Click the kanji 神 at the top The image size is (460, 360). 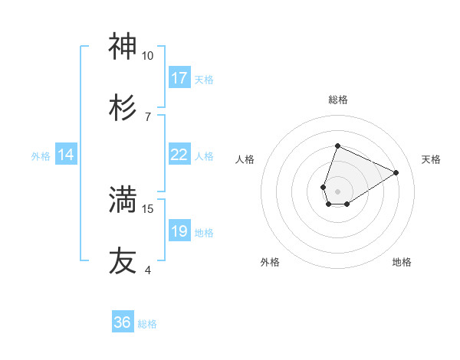click(x=123, y=47)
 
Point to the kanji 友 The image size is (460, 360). click(x=123, y=260)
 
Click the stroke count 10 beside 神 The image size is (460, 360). click(x=147, y=56)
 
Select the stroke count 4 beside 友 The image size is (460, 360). click(x=147, y=270)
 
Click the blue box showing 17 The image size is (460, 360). click(x=179, y=78)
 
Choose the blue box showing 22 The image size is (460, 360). click(x=179, y=155)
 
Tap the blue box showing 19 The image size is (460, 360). click(x=179, y=231)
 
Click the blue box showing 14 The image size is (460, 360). click(x=67, y=155)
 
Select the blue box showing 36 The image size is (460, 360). click(x=123, y=322)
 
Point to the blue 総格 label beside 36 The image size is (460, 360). click(x=147, y=324)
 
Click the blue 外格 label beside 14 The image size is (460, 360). click(x=41, y=155)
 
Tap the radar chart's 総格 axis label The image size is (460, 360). click(x=337, y=100)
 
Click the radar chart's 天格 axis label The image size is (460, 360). click(x=431, y=159)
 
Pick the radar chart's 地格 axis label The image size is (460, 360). click(x=402, y=262)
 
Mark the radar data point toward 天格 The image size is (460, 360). click(x=396, y=173)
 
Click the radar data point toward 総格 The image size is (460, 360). click(x=337, y=146)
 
